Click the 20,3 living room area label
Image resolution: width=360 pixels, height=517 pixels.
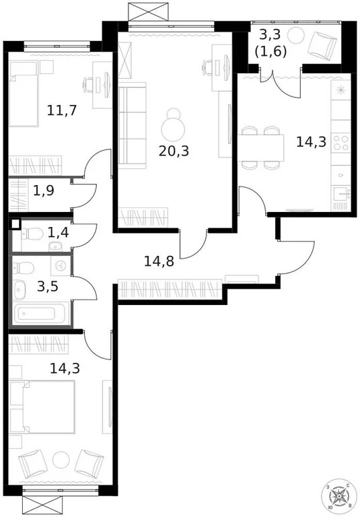point(174,151)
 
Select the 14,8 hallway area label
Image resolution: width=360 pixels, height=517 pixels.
point(159,261)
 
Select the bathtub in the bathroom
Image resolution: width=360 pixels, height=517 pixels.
point(40,314)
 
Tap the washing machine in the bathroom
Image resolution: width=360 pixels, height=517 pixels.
point(61,266)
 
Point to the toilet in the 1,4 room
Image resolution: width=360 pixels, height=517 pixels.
point(34,234)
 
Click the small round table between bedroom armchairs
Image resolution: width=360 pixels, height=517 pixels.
point(61,459)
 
